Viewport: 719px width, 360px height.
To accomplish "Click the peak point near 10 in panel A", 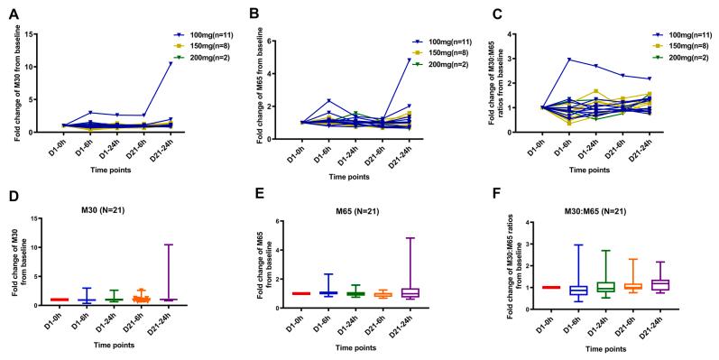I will click(170, 63).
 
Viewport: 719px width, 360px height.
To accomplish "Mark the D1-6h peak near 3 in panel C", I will click(569, 60).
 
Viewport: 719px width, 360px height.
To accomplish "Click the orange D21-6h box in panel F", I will click(635, 286).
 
